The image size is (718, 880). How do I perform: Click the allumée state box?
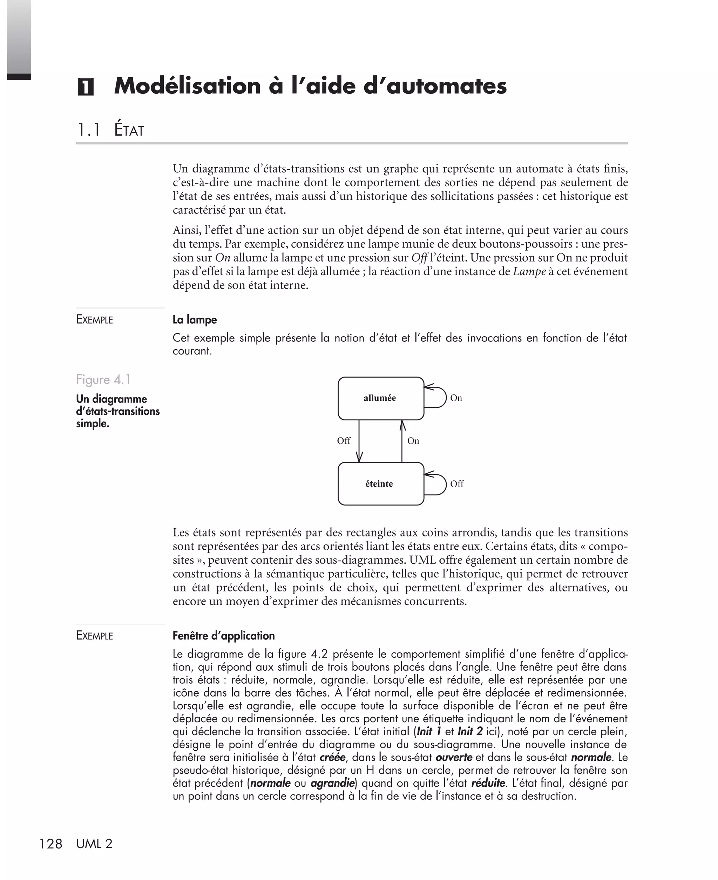click(380, 398)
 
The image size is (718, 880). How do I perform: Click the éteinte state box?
click(380, 483)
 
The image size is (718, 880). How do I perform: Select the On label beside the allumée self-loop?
click(456, 398)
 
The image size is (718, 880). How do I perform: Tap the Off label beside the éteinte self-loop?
click(456, 484)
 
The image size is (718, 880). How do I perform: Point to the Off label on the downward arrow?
click(344, 441)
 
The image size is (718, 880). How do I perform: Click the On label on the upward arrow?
click(413, 441)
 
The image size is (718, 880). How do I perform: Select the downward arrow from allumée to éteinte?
click(359, 441)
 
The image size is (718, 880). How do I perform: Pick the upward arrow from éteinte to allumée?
click(402, 441)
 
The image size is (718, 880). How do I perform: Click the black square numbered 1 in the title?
click(85, 87)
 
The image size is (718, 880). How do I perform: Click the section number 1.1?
click(89, 130)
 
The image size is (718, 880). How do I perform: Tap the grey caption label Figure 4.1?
click(103, 379)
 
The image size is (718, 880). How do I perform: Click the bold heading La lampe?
click(194, 320)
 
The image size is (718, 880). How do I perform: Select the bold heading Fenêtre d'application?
click(223, 636)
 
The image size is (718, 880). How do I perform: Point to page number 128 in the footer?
click(50, 844)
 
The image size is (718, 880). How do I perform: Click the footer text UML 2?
click(94, 844)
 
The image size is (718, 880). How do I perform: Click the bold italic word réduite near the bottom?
click(488, 783)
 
